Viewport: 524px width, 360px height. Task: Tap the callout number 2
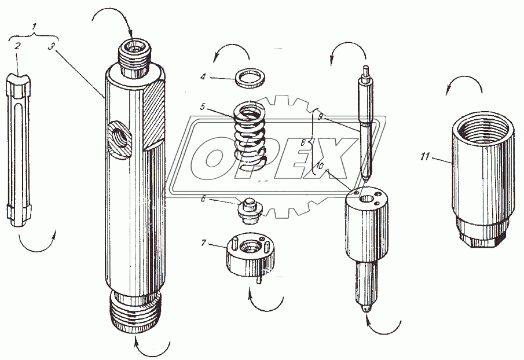click(x=17, y=46)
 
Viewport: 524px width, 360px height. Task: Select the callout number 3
click(x=51, y=46)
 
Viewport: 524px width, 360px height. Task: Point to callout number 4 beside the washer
click(x=203, y=77)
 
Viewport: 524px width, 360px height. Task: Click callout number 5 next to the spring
click(x=203, y=107)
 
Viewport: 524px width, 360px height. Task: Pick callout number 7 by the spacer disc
click(x=203, y=243)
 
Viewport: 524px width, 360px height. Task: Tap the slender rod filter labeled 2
click(x=19, y=150)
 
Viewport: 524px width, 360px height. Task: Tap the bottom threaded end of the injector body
click(x=135, y=312)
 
